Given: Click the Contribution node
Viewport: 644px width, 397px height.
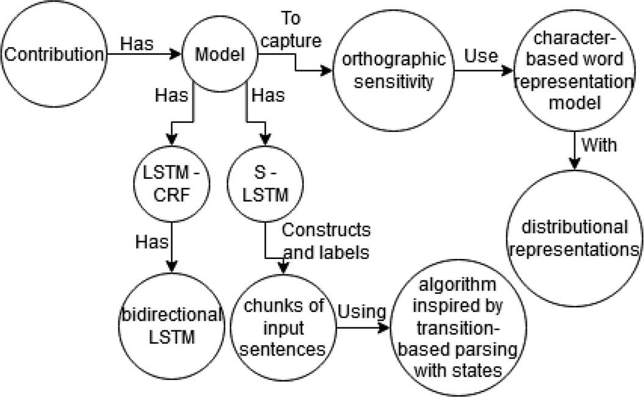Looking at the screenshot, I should (54, 54).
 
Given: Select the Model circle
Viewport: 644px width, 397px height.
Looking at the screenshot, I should (220, 54).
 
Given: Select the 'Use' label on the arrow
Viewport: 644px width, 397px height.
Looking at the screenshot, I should (480, 56).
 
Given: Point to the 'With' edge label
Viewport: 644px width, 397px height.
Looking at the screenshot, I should (599, 145).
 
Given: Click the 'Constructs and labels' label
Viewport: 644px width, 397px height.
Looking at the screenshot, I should (326, 241).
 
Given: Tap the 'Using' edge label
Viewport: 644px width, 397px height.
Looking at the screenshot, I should (362, 311).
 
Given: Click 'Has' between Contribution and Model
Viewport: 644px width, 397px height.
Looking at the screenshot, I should (137, 44).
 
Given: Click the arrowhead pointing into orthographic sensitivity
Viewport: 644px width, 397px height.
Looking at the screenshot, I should (327, 71).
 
